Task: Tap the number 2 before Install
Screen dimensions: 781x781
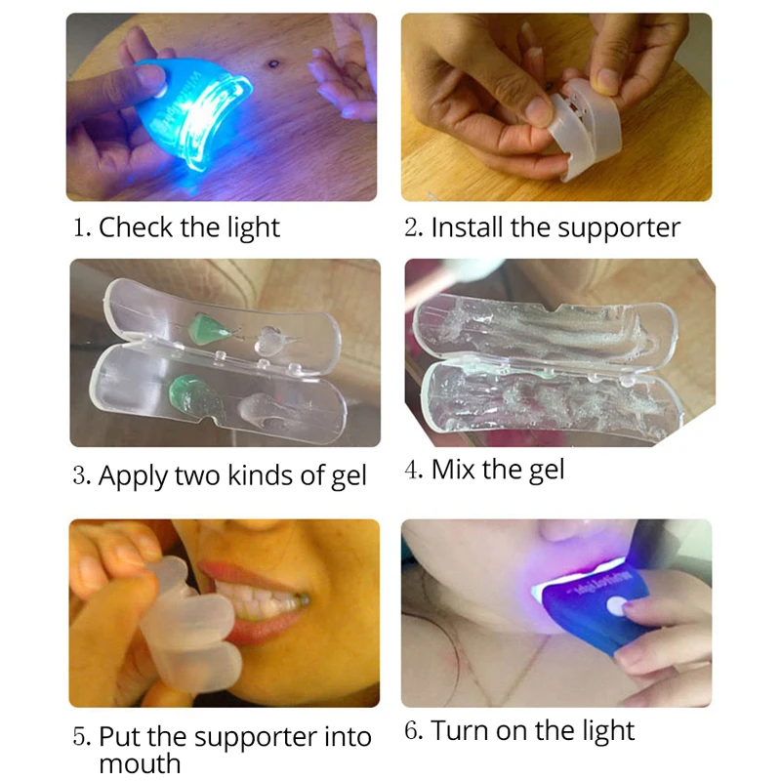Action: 411,226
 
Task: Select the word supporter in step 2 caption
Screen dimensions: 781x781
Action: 619,229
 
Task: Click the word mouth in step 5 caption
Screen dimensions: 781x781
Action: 140,763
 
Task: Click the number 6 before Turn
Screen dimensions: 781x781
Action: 411,730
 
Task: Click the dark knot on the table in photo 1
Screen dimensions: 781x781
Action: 273,63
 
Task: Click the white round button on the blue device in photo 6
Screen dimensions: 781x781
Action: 616,605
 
